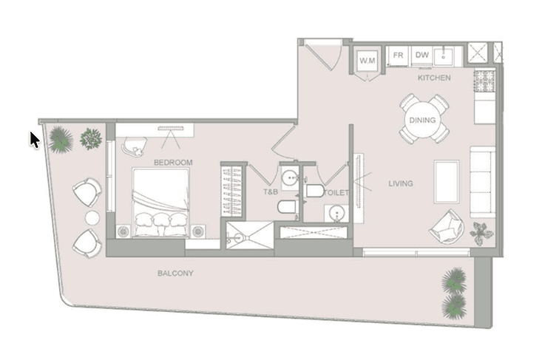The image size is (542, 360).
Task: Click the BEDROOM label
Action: (x=173, y=163)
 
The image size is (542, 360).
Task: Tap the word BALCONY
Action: (x=175, y=274)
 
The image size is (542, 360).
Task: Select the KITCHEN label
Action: (x=434, y=78)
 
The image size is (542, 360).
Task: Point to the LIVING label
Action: (x=401, y=183)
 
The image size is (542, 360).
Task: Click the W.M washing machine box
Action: (x=367, y=61)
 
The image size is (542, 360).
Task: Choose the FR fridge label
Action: (x=399, y=55)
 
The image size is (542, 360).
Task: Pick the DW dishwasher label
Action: (x=422, y=55)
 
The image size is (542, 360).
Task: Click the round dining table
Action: (x=422, y=120)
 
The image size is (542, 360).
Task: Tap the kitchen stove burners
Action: (x=484, y=81)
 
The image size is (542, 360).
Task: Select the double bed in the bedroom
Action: (x=161, y=203)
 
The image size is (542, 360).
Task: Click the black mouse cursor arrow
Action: (x=35, y=140)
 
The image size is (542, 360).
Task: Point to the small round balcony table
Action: (x=92, y=218)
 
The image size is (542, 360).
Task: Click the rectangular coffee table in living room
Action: (x=447, y=182)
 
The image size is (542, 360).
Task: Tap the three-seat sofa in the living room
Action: (x=483, y=182)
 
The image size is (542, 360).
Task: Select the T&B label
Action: (x=271, y=191)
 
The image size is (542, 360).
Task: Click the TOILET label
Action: (x=336, y=193)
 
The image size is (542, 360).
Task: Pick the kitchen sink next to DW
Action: (x=444, y=55)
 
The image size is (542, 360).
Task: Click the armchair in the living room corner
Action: (x=447, y=227)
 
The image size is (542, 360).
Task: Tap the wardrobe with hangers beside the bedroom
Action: (x=232, y=191)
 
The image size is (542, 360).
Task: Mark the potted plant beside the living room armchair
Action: (x=481, y=233)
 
